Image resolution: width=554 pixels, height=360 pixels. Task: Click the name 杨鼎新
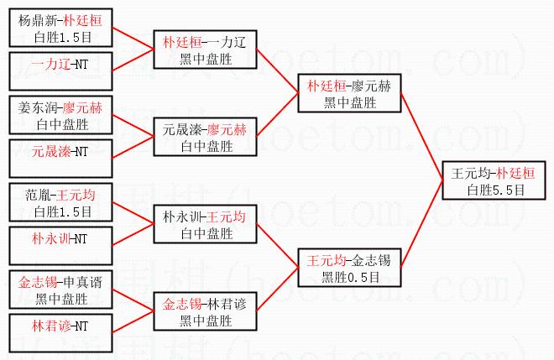pyautogui.click(x=37, y=20)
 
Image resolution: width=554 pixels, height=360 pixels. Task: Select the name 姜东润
pyautogui.click(x=37, y=107)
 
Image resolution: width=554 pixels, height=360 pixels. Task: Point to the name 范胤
pyautogui.click(x=38, y=195)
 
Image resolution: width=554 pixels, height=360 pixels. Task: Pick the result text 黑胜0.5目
pyautogui.click(x=350, y=277)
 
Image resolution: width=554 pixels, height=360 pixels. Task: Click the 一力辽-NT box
pyautogui.click(x=60, y=71)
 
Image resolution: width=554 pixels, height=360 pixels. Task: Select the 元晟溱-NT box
pyautogui.click(x=60, y=159)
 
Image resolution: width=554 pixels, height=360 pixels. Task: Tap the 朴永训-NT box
pyautogui.click(x=60, y=246)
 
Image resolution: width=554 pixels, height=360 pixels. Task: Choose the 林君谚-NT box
pyautogui.click(x=60, y=333)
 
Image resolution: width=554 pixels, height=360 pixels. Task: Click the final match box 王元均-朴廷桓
pyautogui.click(x=494, y=180)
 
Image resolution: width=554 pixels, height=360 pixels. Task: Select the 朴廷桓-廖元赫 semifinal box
pyautogui.click(x=349, y=93)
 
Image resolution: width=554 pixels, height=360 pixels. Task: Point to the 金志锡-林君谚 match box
pyautogui.click(x=206, y=311)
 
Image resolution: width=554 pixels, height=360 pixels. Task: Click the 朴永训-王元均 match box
pyautogui.click(x=206, y=224)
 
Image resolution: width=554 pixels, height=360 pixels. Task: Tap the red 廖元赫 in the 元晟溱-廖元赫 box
pyautogui.click(x=227, y=130)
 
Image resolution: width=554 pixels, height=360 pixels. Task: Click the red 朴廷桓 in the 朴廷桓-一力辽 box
pyautogui.click(x=182, y=43)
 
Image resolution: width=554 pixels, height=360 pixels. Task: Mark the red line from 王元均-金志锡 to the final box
pyautogui.click(x=422, y=224)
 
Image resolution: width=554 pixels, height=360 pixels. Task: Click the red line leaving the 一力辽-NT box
pyautogui.click(x=133, y=60)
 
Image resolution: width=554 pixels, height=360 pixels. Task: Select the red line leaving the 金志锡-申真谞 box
pyautogui.click(x=133, y=300)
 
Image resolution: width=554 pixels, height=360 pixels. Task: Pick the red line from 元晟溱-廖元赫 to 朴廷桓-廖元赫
pyautogui.click(x=277, y=115)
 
